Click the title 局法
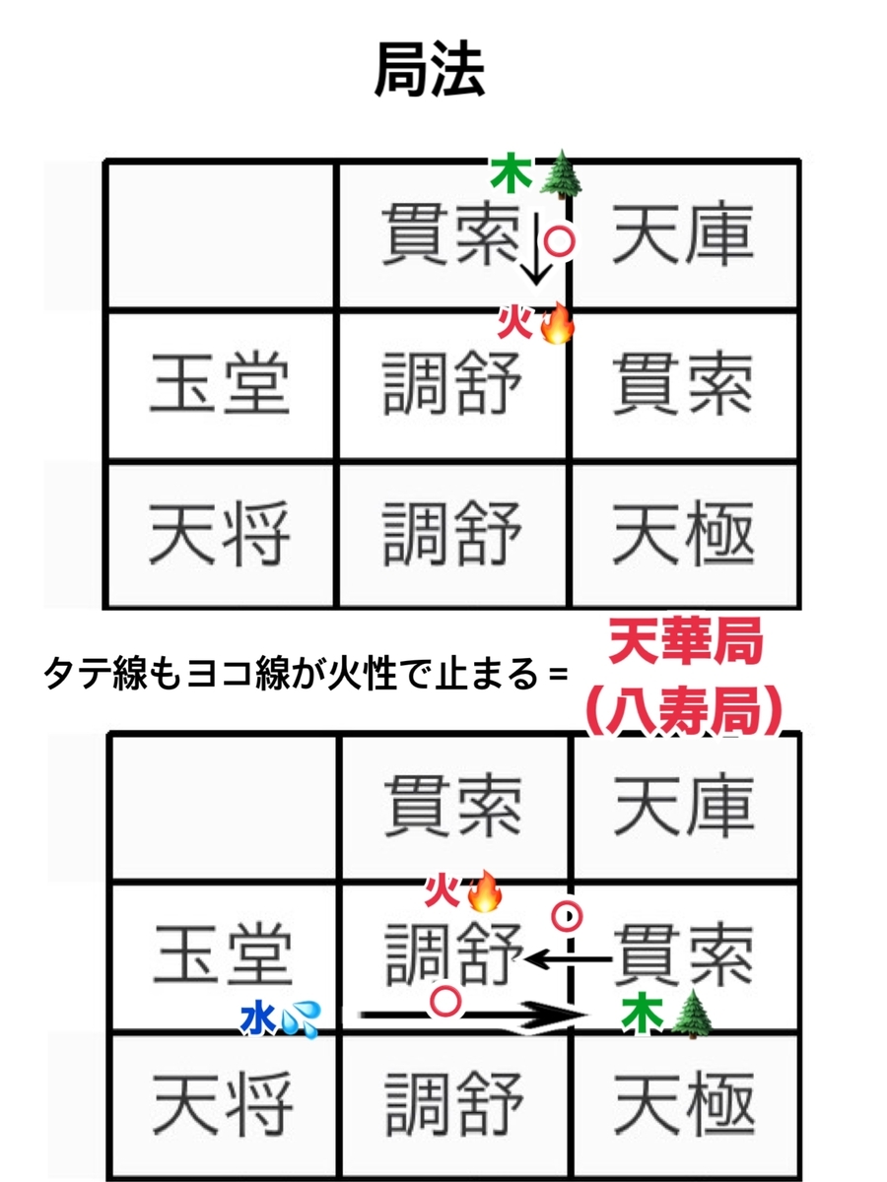[430, 71]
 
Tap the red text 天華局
[686, 641]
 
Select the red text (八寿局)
[682, 709]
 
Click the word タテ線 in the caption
[95, 674]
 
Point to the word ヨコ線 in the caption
[236, 674]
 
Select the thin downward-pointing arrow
[536, 248]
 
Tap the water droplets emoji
[300, 1019]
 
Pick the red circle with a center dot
[567, 915]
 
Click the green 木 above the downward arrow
[510, 174]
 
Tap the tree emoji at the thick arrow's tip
[692, 1014]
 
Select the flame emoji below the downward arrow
[556, 322]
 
